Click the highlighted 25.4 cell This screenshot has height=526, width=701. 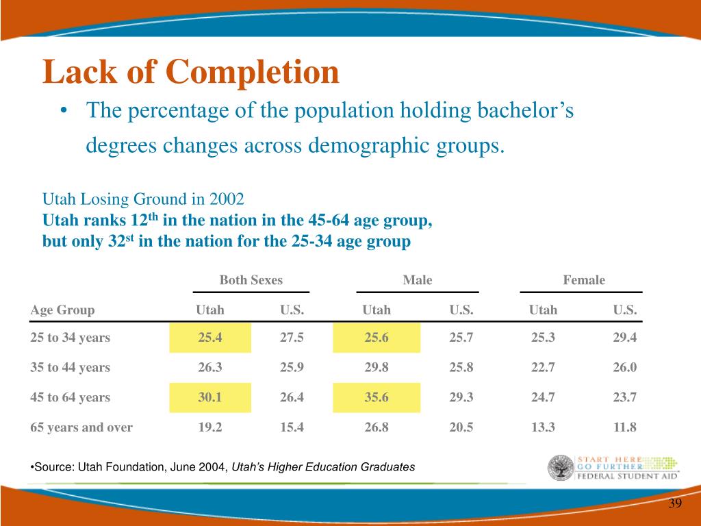[x=210, y=338]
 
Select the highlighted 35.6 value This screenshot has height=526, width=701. [x=377, y=397]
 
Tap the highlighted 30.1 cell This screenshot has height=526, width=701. [x=210, y=397]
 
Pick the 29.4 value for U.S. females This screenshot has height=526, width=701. [x=624, y=337]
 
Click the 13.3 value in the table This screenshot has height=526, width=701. [x=543, y=427]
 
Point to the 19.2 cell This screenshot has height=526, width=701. [x=210, y=427]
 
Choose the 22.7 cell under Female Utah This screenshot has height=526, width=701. [x=543, y=367]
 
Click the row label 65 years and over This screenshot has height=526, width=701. [x=81, y=427]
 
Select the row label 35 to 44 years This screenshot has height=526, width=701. [x=71, y=367]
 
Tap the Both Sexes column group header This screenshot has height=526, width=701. [x=251, y=280]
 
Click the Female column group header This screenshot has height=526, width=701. [x=584, y=280]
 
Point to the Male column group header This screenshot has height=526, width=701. [x=418, y=280]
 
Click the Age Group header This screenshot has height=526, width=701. [x=62, y=310]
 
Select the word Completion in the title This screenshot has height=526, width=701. [x=253, y=73]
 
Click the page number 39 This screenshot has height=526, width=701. [x=675, y=503]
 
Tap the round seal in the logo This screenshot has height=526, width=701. [x=561, y=468]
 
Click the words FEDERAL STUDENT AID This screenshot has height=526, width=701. [x=627, y=477]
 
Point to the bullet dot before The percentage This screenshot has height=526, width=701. [x=64, y=111]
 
